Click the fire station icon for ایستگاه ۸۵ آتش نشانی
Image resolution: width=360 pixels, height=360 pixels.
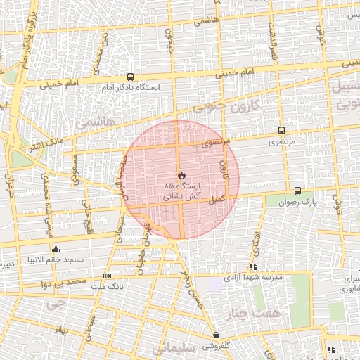tap(181, 174)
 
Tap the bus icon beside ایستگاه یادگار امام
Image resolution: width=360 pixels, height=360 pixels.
tap(130, 77)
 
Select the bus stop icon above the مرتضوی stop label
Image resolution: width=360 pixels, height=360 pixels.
tap(282, 131)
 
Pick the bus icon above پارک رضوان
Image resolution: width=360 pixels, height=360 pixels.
tap(297, 191)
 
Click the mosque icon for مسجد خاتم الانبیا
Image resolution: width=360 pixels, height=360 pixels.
tap(56, 249)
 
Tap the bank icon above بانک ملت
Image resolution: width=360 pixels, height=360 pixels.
tap(107, 276)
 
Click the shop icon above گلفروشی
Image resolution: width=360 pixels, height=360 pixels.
tap(216, 335)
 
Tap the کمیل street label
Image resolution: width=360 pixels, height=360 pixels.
tap(219, 200)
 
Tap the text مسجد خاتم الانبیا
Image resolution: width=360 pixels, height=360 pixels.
tap(56, 259)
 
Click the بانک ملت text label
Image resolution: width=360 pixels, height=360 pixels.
tap(108, 286)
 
